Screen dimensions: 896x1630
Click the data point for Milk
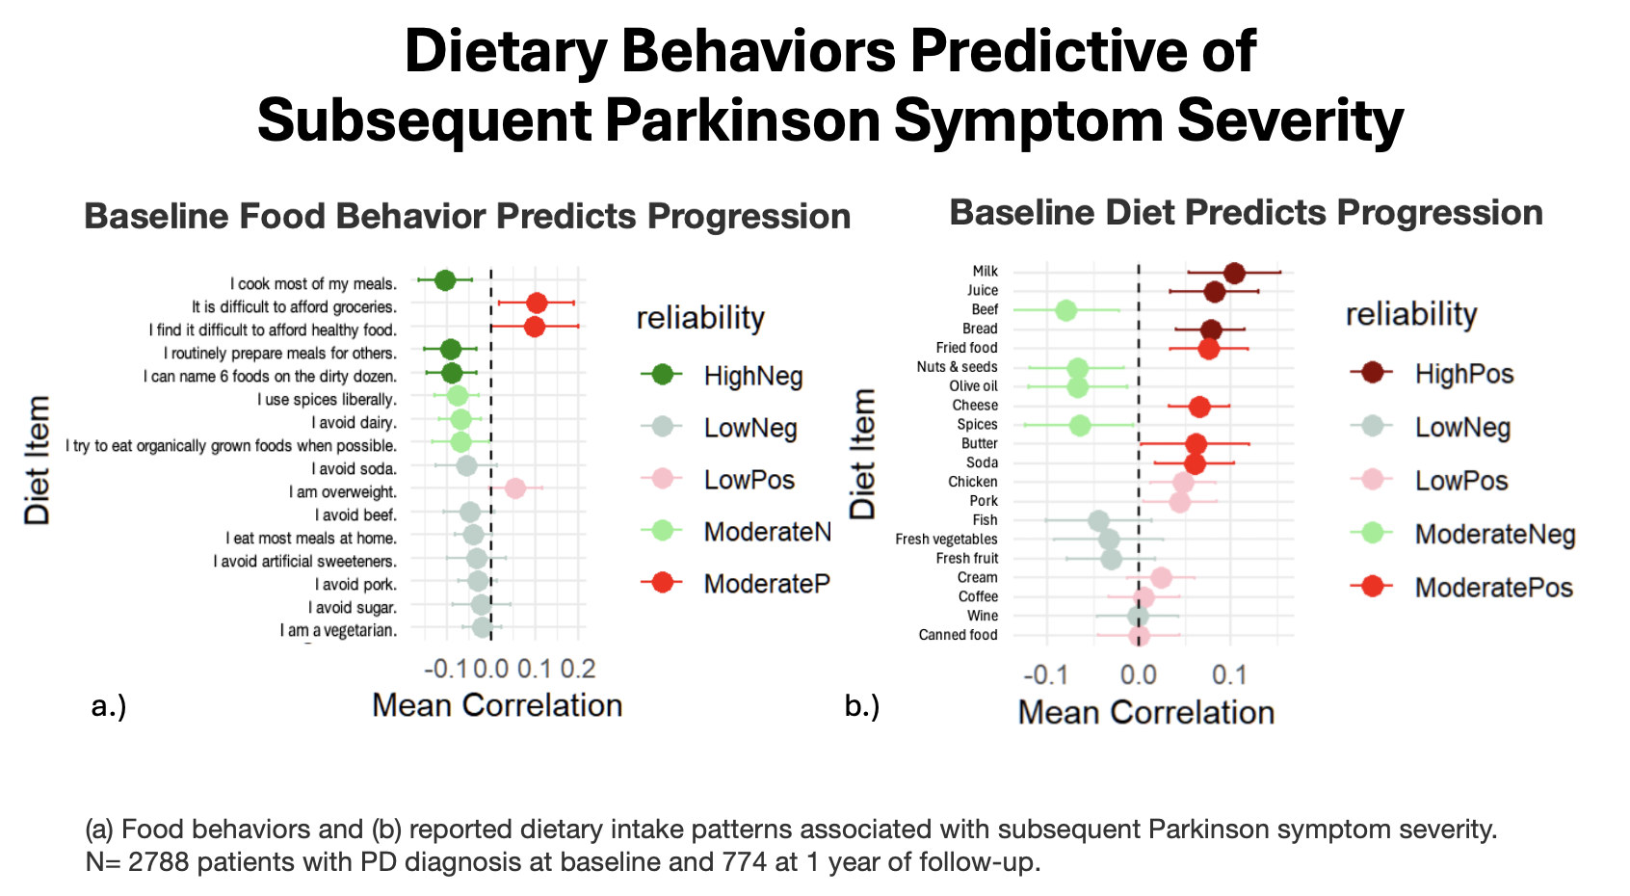[1234, 273]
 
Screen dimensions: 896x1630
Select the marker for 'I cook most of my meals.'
[444, 280]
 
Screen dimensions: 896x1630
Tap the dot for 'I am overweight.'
[515, 488]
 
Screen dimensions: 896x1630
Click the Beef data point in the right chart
[1065, 310]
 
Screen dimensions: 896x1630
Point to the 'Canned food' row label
[958, 635]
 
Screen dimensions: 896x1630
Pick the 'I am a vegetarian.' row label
[338, 631]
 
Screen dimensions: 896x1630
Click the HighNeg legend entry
[752, 376]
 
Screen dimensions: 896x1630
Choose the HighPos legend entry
[1463, 374]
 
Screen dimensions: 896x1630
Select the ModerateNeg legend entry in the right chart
[1494, 534]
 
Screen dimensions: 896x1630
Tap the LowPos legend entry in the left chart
[749, 480]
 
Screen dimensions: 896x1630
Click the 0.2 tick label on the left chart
[578, 669]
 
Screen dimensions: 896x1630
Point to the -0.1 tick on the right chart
[1044, 674]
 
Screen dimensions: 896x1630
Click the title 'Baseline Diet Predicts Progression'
[1246, 213]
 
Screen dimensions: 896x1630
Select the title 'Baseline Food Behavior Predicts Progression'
[467, 217]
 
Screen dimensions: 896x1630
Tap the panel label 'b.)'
[862, 706]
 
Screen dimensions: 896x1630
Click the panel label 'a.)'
[109, 706]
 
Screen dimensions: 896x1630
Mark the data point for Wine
[1138, 617]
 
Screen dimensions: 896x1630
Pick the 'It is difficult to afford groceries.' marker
[537, 303]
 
